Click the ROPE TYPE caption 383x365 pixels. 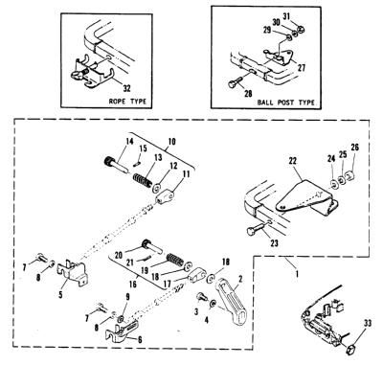127,102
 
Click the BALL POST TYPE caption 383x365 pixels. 286,103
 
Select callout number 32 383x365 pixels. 127,88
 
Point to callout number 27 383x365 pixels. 302,68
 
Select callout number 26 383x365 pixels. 354,148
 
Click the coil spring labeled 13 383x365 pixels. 142,180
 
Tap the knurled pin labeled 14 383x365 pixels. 116,163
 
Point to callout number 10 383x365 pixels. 171,141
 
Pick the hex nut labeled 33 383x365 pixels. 351,348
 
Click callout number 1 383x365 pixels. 296,274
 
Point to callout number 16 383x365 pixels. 133,284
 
